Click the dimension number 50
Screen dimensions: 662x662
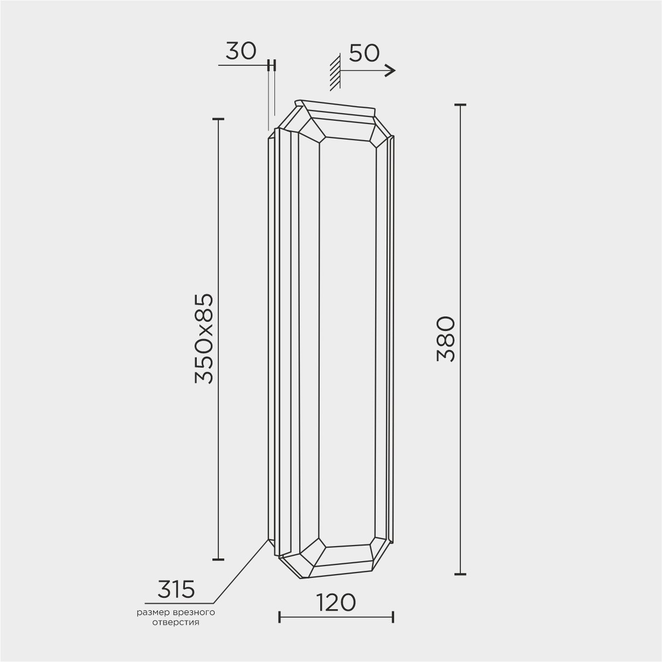click(x=364, y=53)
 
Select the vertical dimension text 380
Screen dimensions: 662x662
click(x=446, y=339)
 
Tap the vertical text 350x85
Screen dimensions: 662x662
click(x=204, y=339)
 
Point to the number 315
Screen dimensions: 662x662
click(x=176, y=589)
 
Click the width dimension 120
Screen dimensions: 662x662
click(x=335, y=603)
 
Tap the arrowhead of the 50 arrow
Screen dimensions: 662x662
click(x=391, y=71)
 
